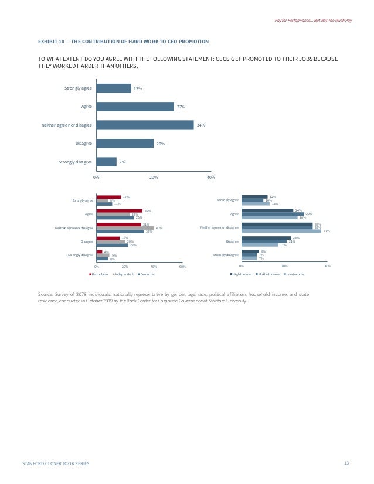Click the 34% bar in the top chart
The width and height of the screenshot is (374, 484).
tap(145, 125)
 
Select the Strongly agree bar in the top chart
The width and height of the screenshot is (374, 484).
tap(113, 88)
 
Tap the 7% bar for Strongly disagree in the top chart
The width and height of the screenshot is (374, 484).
tap(106, 162)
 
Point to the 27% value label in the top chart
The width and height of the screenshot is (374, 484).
tap(181, 107)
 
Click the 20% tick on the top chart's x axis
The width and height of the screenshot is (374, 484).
tap(154, 176)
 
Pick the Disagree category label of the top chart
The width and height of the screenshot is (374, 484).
tap(83, 144)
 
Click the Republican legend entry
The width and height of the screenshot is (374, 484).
tap(99, 274)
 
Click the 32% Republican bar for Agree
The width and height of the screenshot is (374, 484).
tap(120, 210)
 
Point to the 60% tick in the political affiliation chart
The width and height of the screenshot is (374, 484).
tap(182, 267)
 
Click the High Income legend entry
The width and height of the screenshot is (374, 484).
tap(242, 274)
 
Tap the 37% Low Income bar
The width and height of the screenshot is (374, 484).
tap(281, 231)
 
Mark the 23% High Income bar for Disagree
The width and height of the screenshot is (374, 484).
tap(266, 238)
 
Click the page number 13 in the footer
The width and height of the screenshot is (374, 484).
tap(346, 463)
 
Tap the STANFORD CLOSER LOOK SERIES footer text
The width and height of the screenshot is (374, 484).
tap(56, 463)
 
